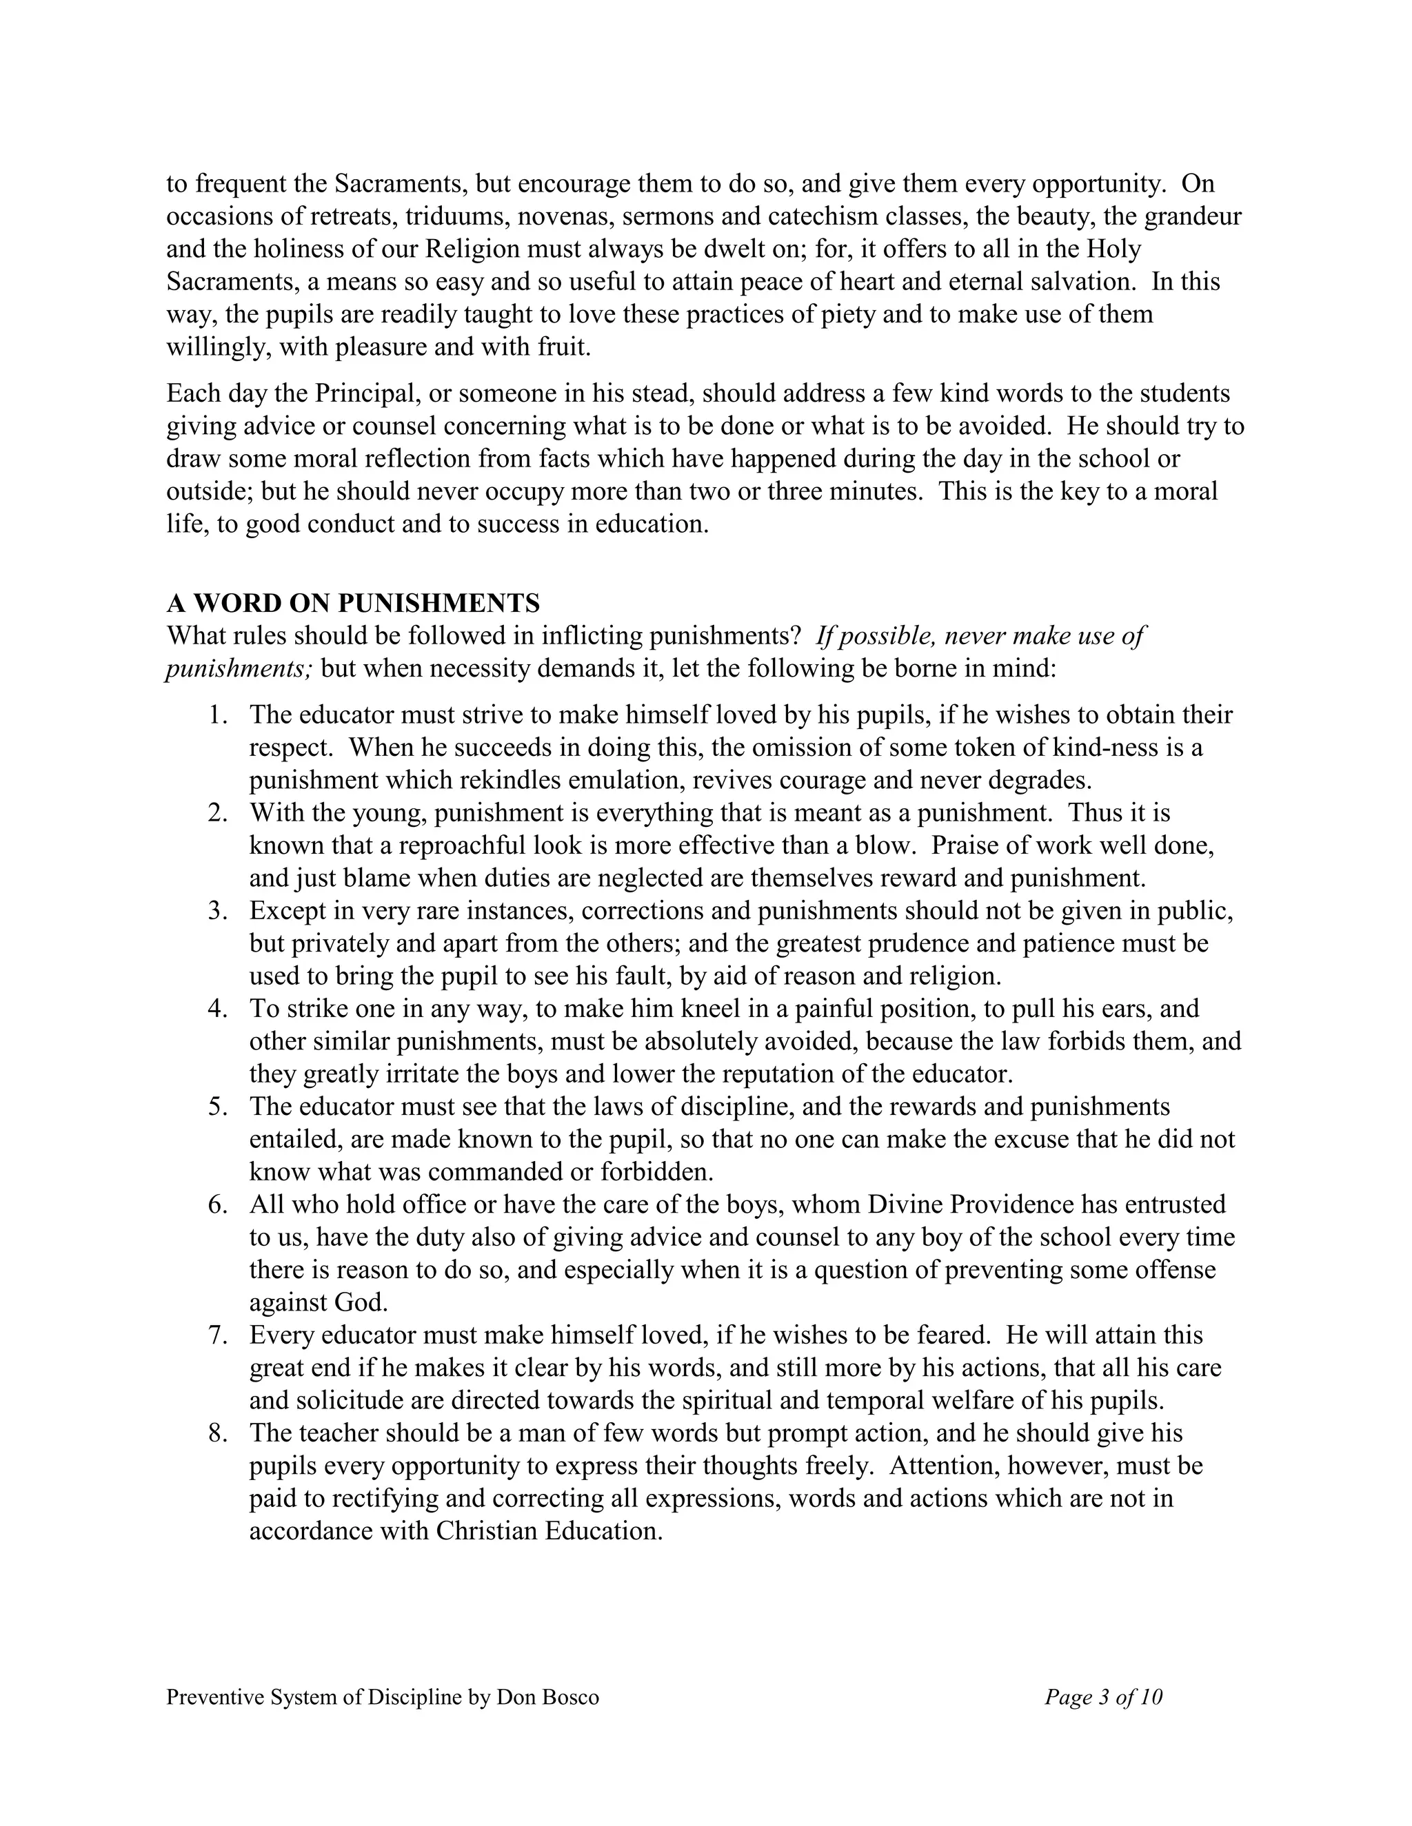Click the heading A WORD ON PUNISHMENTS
point(353,603)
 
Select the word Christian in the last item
point(487,1531)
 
